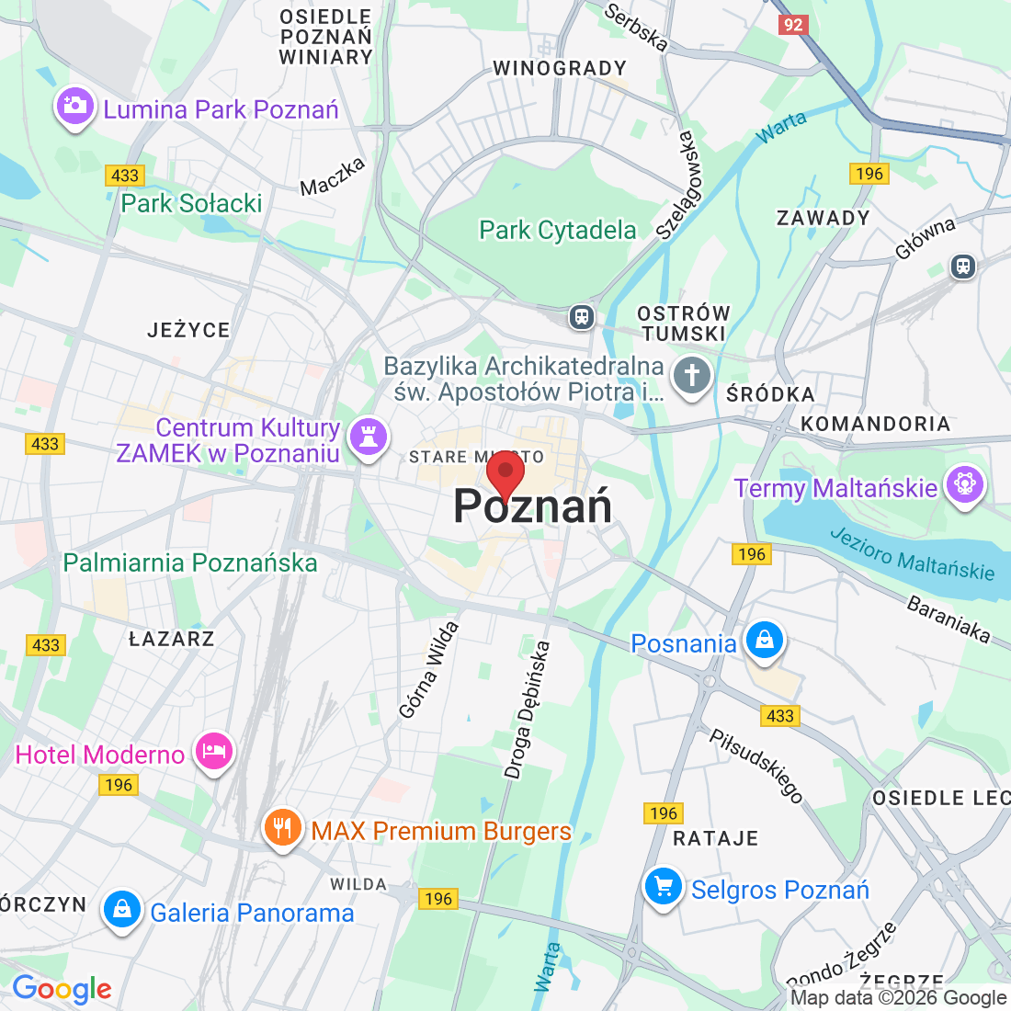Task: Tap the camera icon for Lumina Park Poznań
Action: [74, 107]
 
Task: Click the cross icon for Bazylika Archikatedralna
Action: [692, 375]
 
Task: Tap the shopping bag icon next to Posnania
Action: [764, 640]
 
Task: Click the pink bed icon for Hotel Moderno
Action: [213, 751]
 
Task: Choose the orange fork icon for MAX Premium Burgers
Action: [282, 828]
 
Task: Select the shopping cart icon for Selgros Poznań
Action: [663, 887]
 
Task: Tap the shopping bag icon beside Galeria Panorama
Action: [121, 910]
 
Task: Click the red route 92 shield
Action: [792, 25]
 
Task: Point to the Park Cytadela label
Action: [557, 230]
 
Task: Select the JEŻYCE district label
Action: [188, 330]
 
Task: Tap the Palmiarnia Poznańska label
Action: [190, 562]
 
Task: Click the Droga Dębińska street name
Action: [528, 710]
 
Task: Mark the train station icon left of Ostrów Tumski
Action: [581, 317]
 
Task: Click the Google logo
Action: [62, 989]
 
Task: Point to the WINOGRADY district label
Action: [559, 68]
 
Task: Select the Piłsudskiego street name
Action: [756, 765]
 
